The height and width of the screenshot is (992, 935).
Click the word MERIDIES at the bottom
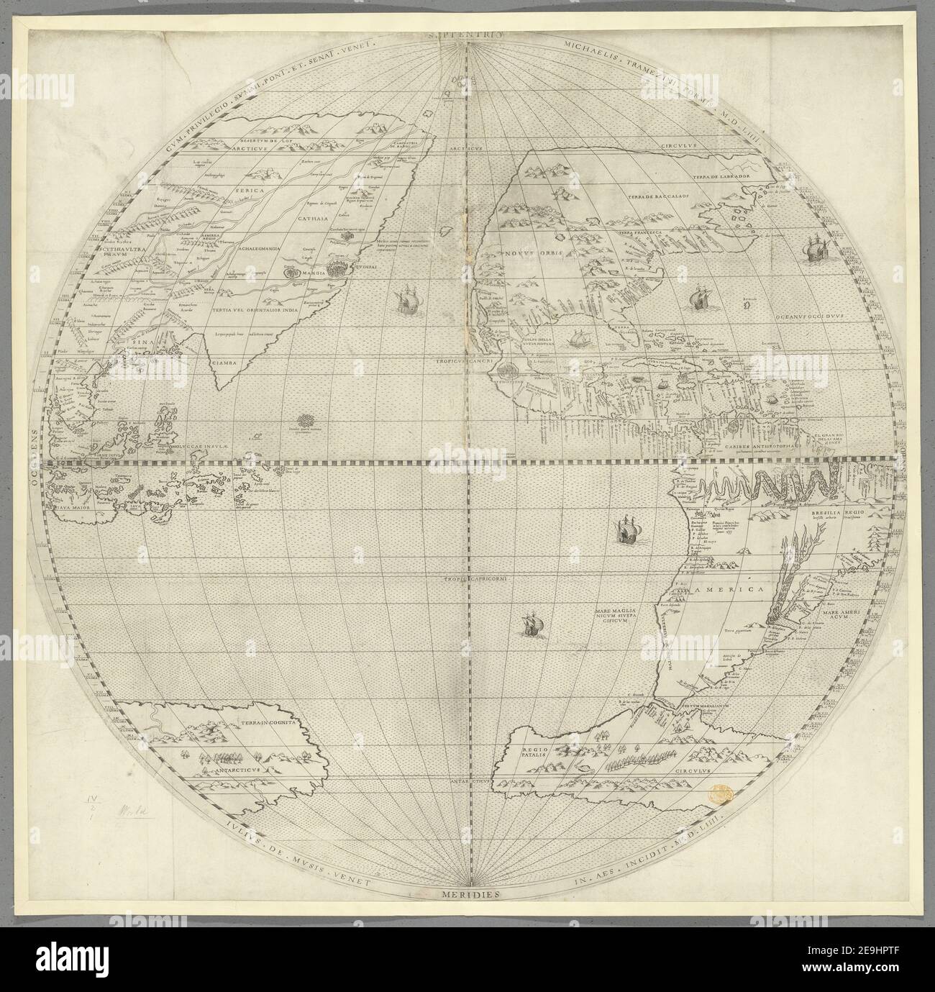click(x=467, y=894)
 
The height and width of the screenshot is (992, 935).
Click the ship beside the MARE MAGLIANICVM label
click(x=532, y=624)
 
